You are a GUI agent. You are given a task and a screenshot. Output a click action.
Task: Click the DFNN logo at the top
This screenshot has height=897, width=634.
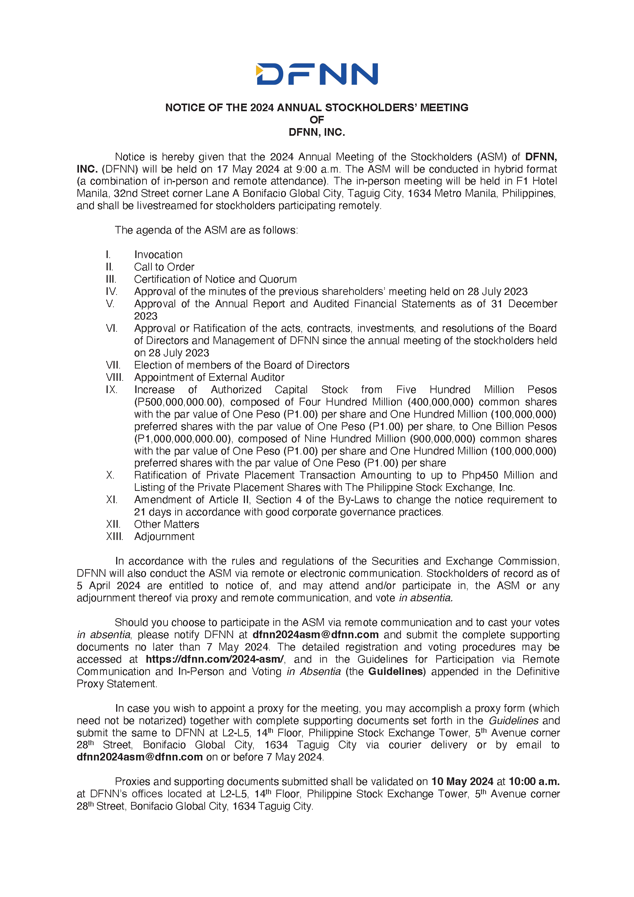click(317, 74)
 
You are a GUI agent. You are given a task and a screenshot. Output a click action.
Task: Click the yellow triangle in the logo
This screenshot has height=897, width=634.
click(259, 70)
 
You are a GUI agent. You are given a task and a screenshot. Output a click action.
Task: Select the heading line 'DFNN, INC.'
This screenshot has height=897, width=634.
click(317, 132)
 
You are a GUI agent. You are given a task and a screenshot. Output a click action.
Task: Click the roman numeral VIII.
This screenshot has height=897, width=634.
click(114, 377)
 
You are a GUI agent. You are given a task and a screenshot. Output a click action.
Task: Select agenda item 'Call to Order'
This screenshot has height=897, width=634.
click(164, 267)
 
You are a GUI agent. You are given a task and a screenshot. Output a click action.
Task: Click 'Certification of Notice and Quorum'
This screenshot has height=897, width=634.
click(215, 279)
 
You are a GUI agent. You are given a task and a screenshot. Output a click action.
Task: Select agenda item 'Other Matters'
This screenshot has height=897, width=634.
click(166, 524)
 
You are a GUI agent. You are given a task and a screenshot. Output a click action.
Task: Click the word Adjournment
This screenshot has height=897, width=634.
click(164, 537)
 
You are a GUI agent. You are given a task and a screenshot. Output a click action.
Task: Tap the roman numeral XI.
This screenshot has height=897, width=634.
click(111, 500)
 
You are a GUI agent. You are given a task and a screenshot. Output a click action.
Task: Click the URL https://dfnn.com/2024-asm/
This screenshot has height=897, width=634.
click(215, 660)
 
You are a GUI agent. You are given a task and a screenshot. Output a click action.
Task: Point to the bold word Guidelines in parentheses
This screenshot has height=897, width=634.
click(396, 672)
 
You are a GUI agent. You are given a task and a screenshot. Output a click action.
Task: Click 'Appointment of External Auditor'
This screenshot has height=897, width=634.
click(209, 377)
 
